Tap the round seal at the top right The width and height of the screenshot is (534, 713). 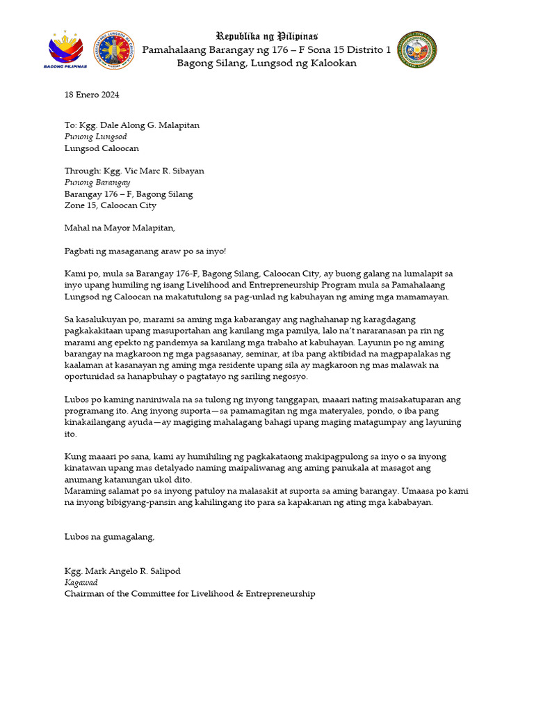[x=416, y=49]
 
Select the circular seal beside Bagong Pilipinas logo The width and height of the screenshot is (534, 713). [x=114, y=49]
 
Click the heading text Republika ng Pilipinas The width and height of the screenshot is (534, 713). [x=266, y=36]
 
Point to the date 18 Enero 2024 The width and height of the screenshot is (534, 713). [x=92, y=94]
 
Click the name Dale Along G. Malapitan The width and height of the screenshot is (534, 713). [x=138, y=125]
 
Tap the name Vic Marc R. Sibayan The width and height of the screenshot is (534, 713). [x=152, y=171]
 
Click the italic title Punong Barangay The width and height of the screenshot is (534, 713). [x=97, y=182]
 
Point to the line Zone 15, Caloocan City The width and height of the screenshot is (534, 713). [x=110, y=205]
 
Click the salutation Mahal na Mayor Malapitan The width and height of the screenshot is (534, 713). [x=120, y=228]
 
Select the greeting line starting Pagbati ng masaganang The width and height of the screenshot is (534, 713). [x=140, y=251]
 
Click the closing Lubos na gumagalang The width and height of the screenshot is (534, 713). [x=109, y=536]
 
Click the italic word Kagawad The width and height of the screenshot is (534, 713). [x=81, y=582]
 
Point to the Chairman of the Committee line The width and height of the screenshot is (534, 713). [x=189, y=594]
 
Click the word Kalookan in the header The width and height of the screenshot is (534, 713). [x=332, y=63]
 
